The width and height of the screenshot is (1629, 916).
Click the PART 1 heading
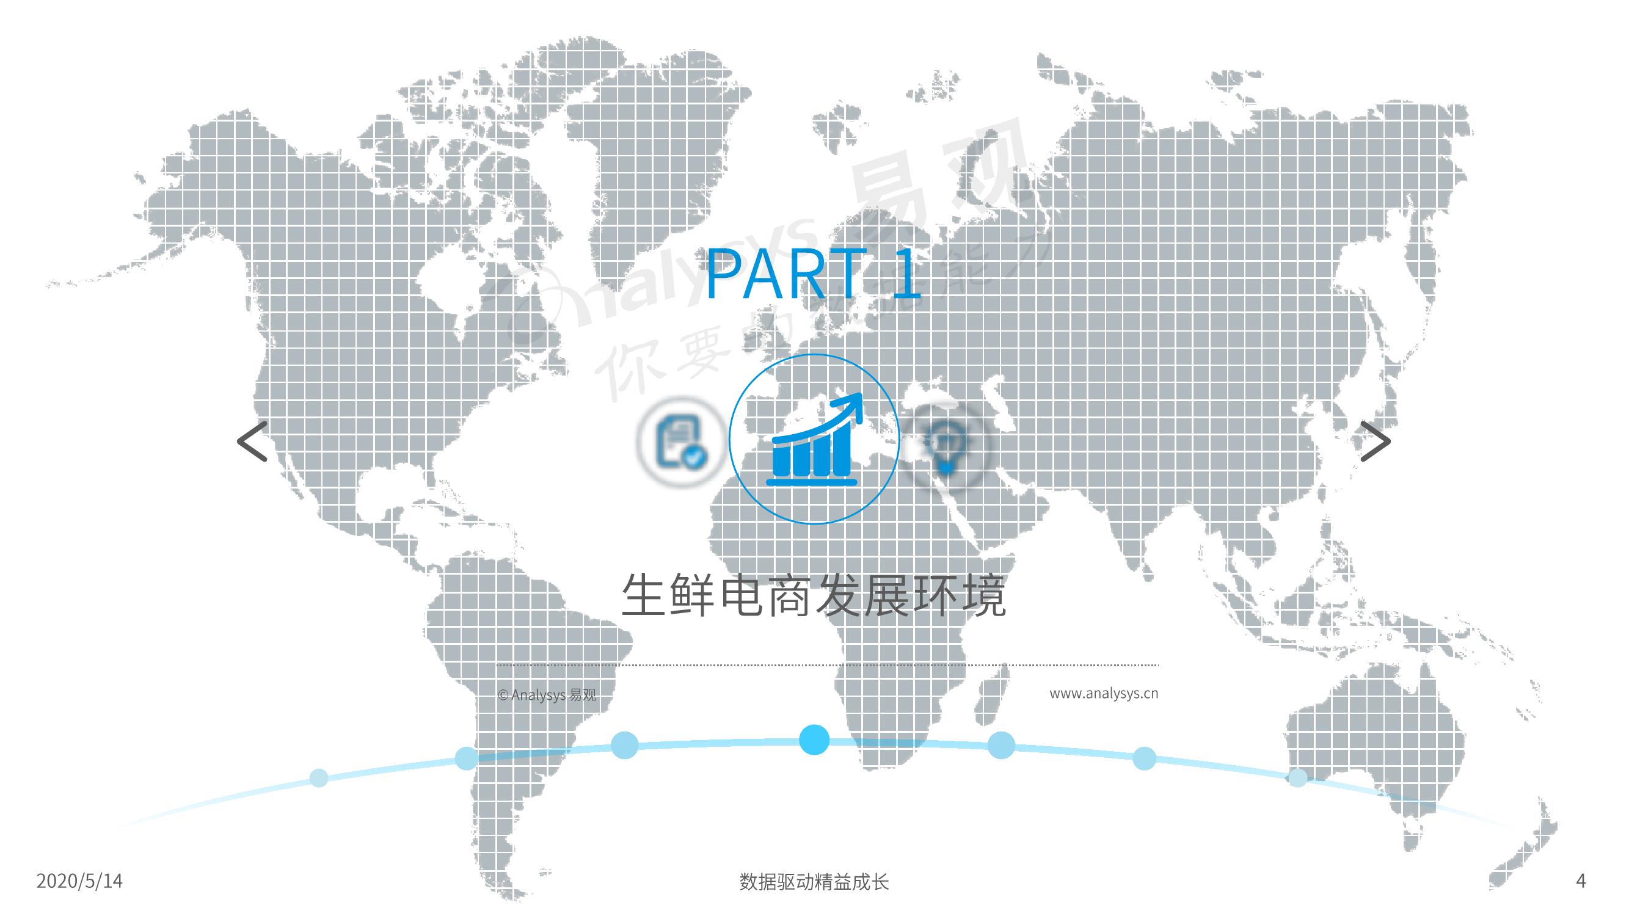(813, 274)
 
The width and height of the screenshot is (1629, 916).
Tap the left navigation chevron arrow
(252, 442)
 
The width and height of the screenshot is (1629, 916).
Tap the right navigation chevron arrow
(1376, 442)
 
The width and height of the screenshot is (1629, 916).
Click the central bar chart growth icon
(813, 438)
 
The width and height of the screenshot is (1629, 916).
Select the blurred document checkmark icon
(680, 441)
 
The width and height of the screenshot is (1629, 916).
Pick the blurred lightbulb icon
(945, 445)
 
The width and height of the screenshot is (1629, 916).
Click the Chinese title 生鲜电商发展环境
(813, 595)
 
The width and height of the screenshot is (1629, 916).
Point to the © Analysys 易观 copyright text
(547, 696)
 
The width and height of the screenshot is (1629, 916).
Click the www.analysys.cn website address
(1104, 694)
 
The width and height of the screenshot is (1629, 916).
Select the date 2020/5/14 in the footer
(79, 881)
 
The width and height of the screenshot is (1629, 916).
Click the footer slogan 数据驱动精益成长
(814, 882)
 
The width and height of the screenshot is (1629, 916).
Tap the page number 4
(1581, 881)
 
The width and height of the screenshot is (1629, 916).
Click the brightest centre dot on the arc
(814, 740)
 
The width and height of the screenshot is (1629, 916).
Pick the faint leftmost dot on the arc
(319, 777)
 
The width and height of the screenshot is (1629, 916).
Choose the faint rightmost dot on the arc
(1297, 777)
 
